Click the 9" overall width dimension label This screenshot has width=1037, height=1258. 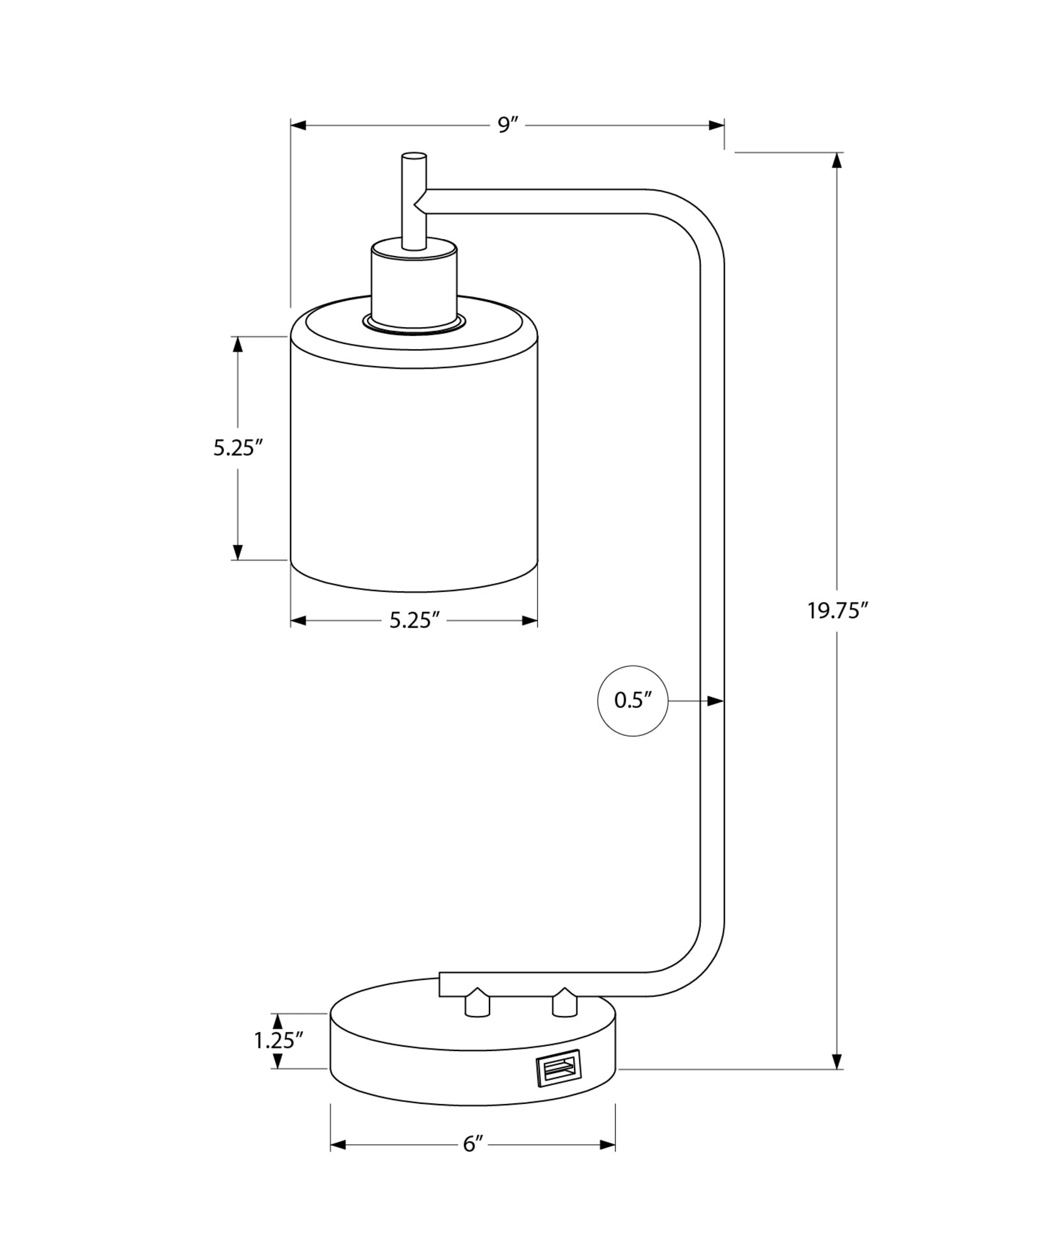pyautogui.click(x=507, y=125)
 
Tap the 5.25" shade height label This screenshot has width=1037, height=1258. pyautogui.click(x=237, y=448)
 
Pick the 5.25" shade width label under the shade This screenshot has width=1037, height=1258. pyautogui.click(x=413, y=621)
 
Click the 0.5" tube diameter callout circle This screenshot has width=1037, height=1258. pyautogui.click(x=632, y=701)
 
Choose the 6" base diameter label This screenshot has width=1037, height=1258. pyautogui.click(x=473, y=1144)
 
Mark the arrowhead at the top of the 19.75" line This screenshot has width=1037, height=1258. pyautogui.click(x=837, y=161)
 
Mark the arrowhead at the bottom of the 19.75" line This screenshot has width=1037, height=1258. pyautogui.click(x=837, y=1060)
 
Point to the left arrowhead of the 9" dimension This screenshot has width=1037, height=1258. pyautogui.click(x=299, y=125)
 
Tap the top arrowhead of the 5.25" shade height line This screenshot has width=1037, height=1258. pyautogui.click(x=237, y=345)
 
